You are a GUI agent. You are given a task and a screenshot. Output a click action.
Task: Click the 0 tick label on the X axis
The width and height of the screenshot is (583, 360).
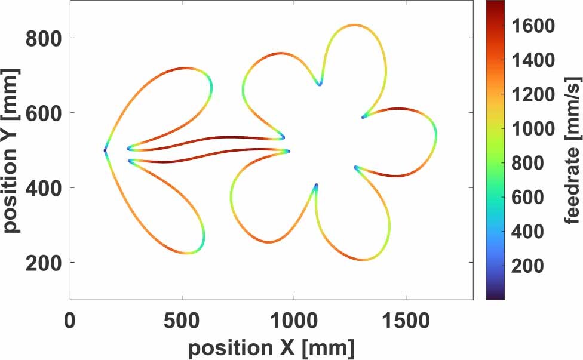point(70,321)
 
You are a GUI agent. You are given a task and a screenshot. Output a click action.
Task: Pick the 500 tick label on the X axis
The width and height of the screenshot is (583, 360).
point(182,321)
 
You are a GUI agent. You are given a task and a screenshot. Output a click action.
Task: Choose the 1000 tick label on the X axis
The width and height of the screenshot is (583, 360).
point(294,321)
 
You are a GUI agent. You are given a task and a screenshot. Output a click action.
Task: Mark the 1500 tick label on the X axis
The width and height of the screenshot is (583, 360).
point(406,321)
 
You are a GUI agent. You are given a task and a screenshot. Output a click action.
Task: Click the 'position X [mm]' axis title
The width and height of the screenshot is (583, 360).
point(271,347)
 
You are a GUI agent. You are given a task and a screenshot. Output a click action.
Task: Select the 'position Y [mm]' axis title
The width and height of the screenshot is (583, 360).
point(12,150)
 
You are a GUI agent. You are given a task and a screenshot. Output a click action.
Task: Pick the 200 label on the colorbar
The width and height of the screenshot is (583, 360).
point(529,266)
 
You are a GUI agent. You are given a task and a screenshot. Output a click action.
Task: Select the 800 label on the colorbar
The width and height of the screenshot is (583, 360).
point(529,163)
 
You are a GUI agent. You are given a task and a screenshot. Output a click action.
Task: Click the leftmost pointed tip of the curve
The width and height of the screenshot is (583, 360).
point(105,150)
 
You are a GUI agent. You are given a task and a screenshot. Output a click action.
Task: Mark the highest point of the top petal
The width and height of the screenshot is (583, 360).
point(355,25)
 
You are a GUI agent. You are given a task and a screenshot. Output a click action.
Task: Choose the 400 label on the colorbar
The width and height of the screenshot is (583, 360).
point(529,232)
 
